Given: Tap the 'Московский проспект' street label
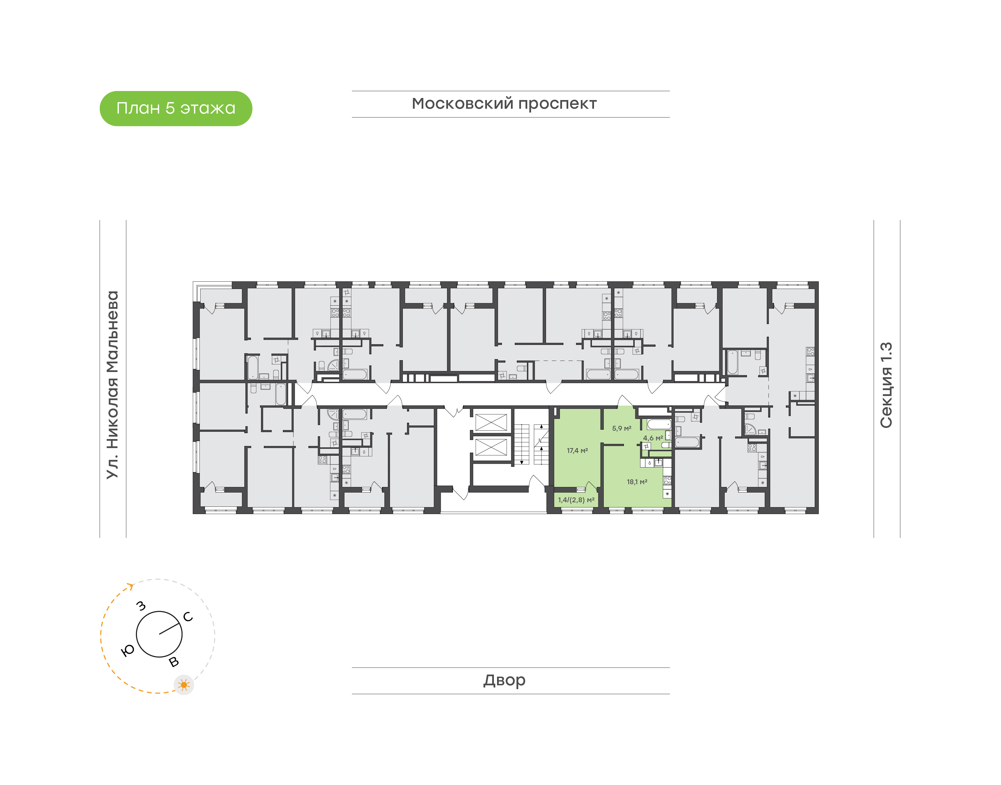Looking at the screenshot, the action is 504,104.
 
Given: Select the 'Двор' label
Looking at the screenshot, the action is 504,680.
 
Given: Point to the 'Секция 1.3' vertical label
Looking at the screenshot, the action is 886,385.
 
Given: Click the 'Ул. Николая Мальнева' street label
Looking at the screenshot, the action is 112,385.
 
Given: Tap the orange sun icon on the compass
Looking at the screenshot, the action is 184,685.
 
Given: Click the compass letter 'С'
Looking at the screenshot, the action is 188,617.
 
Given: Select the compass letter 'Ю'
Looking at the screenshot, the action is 127,650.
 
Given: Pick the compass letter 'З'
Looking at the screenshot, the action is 141,606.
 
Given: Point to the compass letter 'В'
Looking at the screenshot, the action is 174,662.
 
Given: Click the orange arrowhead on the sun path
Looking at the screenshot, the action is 131,586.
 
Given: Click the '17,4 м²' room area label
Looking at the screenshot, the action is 577,451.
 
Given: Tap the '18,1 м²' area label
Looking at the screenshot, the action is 637,482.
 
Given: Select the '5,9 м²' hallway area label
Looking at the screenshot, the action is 622,428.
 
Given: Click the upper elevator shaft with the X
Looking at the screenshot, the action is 491,422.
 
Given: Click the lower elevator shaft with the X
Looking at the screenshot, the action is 491,447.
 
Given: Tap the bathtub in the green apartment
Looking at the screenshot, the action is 659,424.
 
